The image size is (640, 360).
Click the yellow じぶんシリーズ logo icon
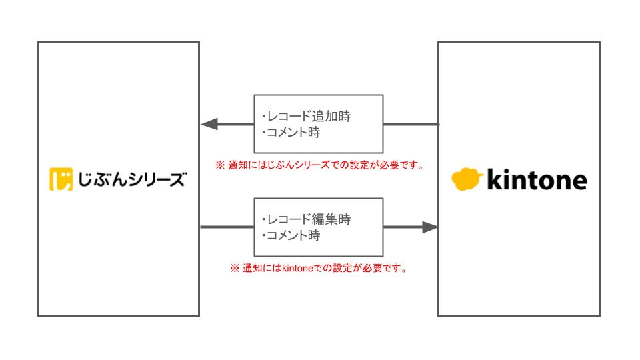tap(61, 181)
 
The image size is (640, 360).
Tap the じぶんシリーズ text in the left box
tap(130, 181)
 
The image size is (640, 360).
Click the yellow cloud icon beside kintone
tap(467, 179)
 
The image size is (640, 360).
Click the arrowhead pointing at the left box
tap(210, 124)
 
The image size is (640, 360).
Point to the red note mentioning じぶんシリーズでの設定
tap(320, 165)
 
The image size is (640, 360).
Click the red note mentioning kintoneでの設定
tap(319, 269)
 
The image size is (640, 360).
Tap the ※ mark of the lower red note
tap(235, 269)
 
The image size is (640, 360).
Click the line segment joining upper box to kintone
tap(411, 124)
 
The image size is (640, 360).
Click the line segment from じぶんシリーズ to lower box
tap(227, 227)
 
